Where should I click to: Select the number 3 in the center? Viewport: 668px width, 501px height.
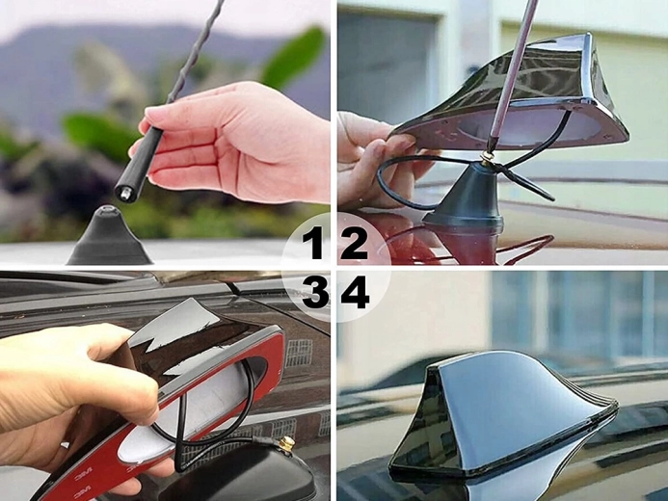click(314, 291)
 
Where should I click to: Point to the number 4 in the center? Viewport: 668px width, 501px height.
click(355, 291)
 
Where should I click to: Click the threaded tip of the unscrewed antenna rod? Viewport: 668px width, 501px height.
click(123, 193)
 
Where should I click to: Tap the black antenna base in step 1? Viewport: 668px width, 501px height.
click(109, 242)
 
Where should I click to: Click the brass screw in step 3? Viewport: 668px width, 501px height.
click(286, 445)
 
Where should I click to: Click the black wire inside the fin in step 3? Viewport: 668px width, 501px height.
click(217, 424)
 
